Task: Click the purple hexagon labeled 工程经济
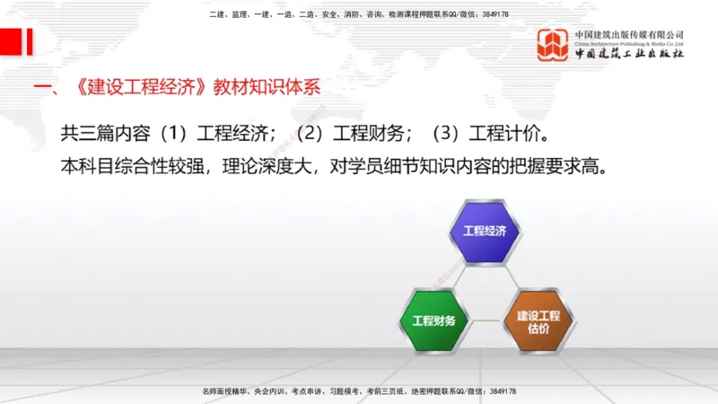tap(485, 232)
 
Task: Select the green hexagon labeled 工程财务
tap(433, 321)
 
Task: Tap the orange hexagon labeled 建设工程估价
tap(538, 321)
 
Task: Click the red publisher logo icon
tap(552, 45)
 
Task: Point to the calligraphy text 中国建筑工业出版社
tap(630, 54)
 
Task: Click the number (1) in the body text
tap(169, 134)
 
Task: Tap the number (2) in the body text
tap(309, 134)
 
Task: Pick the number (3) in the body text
tap(449, 134)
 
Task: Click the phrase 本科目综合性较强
tap(134, 166)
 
